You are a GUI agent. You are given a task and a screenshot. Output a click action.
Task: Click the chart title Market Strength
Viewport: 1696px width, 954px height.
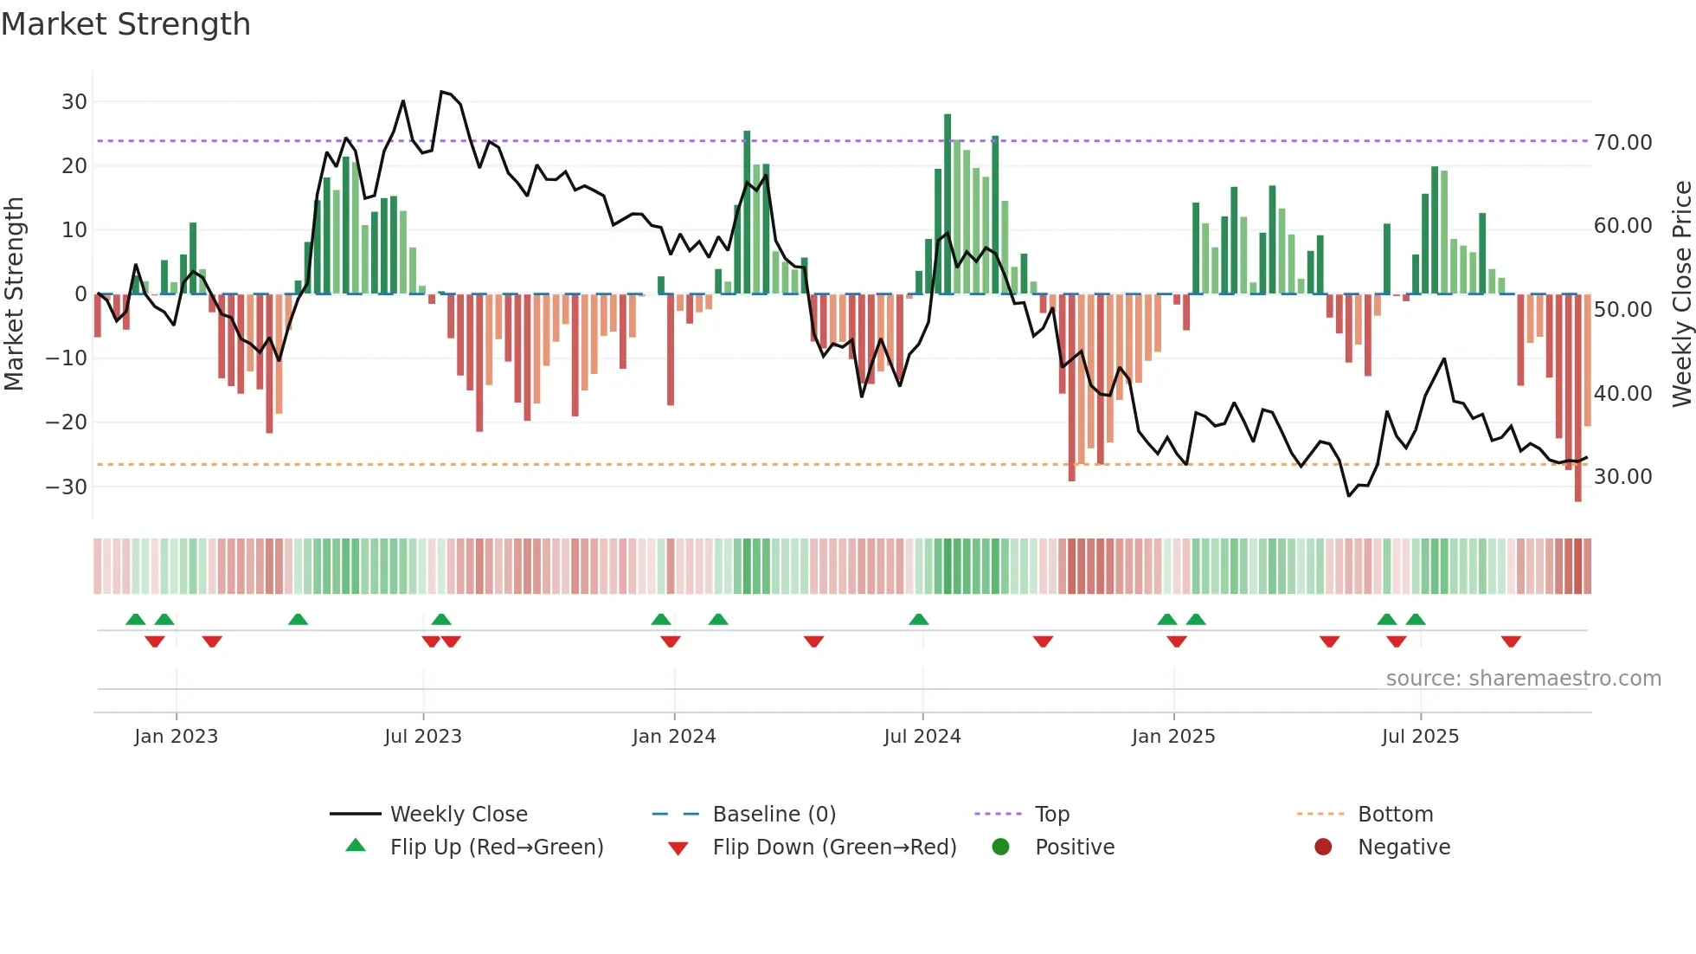(125, 24)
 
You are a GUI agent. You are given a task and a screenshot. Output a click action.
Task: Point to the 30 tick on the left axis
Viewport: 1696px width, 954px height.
(74, 102)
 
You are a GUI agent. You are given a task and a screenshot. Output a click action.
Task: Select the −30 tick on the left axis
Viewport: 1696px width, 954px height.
(67, 487)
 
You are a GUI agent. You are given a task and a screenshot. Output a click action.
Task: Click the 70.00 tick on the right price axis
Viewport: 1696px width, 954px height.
(1622, 143)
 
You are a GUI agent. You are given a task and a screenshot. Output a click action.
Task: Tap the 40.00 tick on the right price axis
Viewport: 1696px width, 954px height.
(1622, 394)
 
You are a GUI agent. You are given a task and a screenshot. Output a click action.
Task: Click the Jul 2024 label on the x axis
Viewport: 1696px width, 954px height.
(922, 737)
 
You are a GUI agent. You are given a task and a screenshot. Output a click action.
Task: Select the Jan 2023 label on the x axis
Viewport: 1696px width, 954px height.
(176, 737)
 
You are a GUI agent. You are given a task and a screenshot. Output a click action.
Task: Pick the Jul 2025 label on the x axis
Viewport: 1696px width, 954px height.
(1419, 737)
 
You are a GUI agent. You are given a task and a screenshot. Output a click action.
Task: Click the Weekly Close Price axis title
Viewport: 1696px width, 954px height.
(1681, 294)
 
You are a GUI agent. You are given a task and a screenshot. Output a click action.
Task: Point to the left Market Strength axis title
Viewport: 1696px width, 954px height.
(14, 294)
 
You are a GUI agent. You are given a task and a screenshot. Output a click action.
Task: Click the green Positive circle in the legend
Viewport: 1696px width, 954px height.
(1001, 848)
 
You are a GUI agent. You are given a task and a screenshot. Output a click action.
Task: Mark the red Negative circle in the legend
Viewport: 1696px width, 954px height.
(1323, 848)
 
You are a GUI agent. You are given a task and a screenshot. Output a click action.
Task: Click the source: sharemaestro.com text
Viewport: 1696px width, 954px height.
(1523, 679)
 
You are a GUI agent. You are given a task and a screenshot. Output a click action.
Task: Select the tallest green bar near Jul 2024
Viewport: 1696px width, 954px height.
(948, 203)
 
